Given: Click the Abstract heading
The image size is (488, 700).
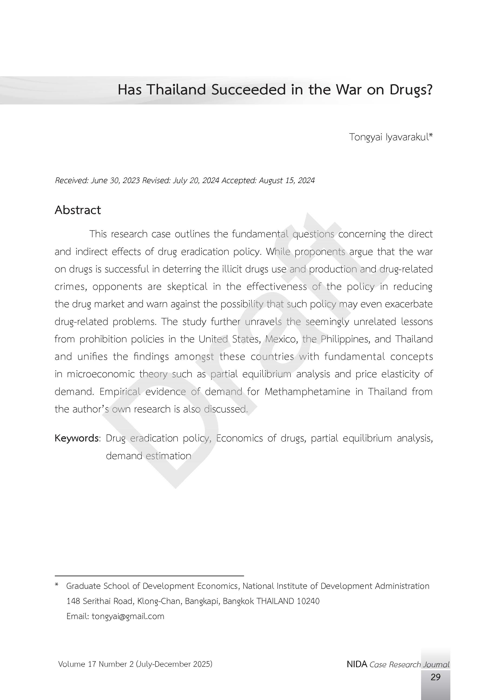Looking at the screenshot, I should click(78, 210).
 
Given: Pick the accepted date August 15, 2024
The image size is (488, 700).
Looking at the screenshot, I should click(287, 180).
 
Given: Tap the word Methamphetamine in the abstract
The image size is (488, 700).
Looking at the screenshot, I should click(307, 391).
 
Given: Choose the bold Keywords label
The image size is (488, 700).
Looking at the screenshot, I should click(76, 438).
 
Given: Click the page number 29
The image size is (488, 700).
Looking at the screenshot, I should click(435, 677).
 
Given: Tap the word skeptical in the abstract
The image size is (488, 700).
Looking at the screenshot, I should click(187, 287).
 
